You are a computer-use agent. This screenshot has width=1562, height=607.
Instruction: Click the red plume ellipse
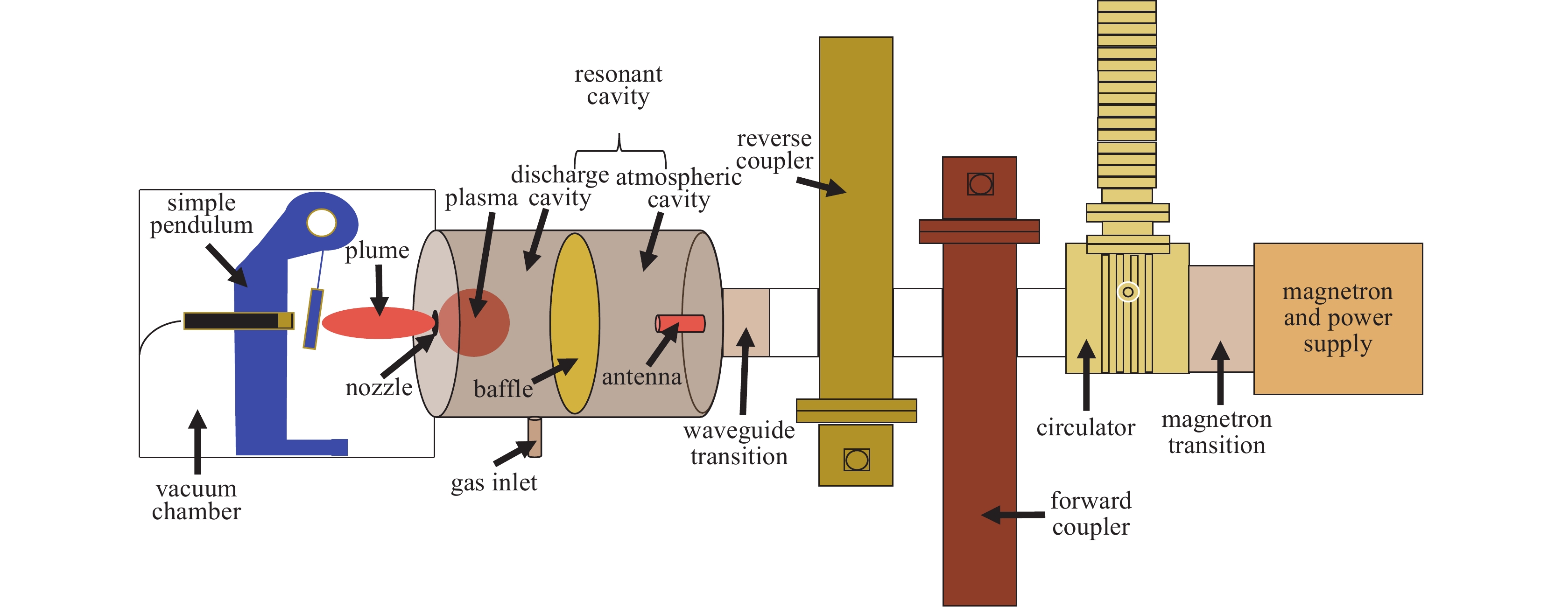click(x=376, y=322)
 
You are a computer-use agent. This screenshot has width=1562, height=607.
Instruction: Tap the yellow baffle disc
click(x=574, y=323)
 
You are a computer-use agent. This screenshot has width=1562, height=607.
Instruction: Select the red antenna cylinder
click(x=680, y=323)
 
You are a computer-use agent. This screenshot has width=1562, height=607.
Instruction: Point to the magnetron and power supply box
click(x=1337, y=319)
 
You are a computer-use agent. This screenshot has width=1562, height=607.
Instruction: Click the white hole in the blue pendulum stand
click(x=321, y=223)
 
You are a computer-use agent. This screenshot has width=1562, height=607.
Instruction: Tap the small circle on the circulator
click(x=1128, y=292)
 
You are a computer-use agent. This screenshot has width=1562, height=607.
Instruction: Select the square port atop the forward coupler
click(x=980, y=183)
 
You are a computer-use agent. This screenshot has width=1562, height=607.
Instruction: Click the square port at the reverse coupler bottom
click(x=856, y=460)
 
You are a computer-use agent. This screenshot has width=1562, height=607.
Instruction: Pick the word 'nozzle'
click(x=379, y=388)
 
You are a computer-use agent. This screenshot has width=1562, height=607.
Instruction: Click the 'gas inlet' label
click(x=493, y=483)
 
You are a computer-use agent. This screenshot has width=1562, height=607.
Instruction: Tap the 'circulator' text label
click(x=1085, y=428)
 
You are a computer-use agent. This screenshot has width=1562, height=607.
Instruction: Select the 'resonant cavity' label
click(x=618, y=85)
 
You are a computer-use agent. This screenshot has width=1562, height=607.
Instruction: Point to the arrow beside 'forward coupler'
click(x=1013, y=515)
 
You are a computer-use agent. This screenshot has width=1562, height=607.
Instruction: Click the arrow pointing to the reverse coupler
click(x=821, y=186)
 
